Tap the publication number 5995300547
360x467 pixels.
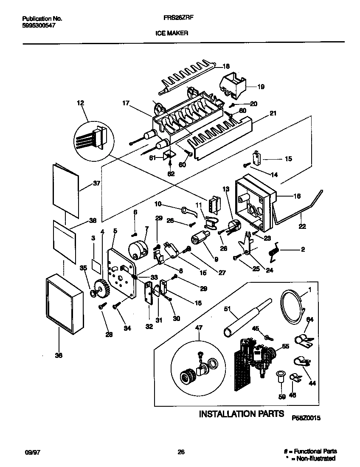38,25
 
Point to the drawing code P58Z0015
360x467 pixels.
306,418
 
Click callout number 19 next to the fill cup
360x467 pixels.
261,87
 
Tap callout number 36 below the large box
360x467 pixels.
59,355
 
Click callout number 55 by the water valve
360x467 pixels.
285,346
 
